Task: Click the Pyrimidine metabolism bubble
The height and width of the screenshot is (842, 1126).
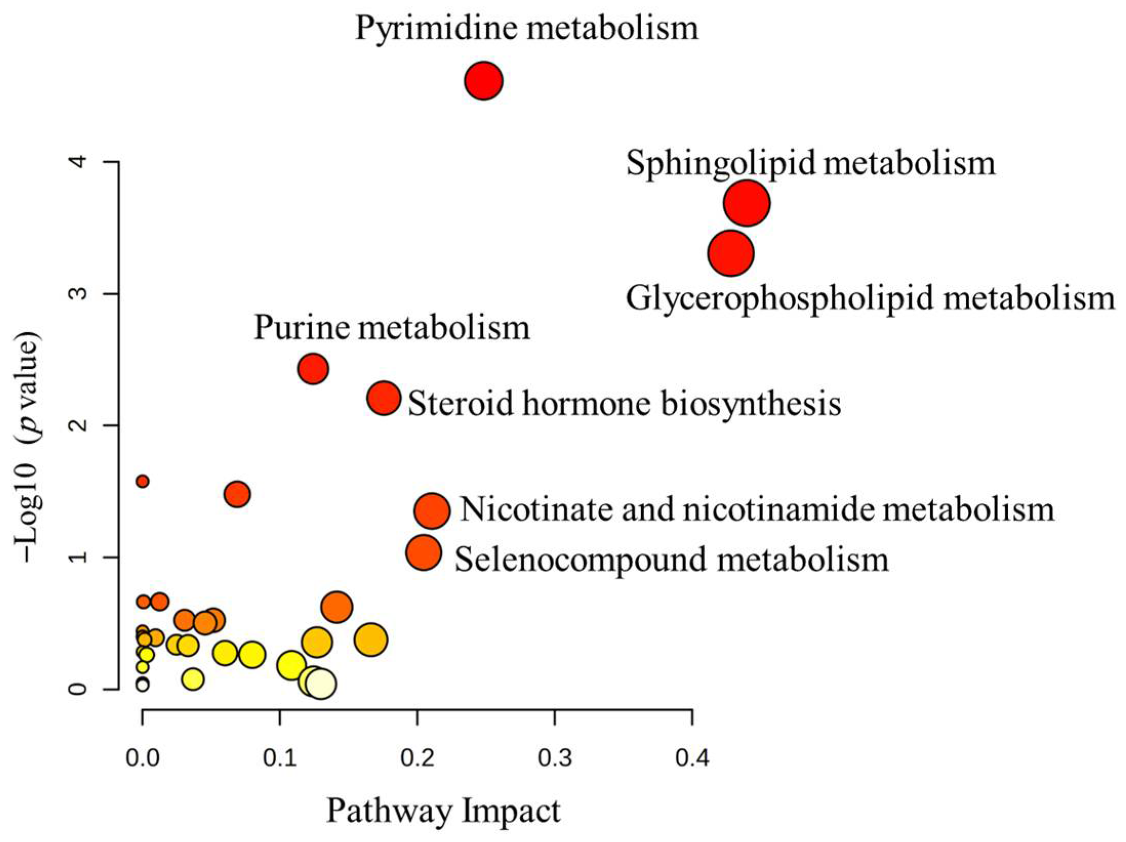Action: (483, 81)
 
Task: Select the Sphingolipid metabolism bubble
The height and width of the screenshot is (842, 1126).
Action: (747, 203)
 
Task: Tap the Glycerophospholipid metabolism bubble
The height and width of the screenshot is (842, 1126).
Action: (731, 253)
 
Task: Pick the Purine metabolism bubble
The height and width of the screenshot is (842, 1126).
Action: (313, 368)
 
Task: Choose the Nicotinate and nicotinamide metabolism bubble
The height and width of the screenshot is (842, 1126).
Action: (432, 511)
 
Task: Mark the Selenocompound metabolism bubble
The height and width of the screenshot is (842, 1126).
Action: (423, 553)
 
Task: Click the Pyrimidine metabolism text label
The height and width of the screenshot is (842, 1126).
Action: (526, 28)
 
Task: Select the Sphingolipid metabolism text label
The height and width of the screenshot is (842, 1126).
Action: (810, 164)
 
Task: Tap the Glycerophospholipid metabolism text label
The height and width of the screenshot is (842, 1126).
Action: (870, 299)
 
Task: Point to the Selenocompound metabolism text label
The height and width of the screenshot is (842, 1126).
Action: (671, 559)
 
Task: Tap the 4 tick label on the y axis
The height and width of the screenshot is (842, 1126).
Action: (78, 162)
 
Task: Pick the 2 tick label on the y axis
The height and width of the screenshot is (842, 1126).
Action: (78, 425)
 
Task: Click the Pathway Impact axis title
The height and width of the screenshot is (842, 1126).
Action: (443, 811)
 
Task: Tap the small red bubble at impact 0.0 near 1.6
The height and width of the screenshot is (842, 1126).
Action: (142, 481)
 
